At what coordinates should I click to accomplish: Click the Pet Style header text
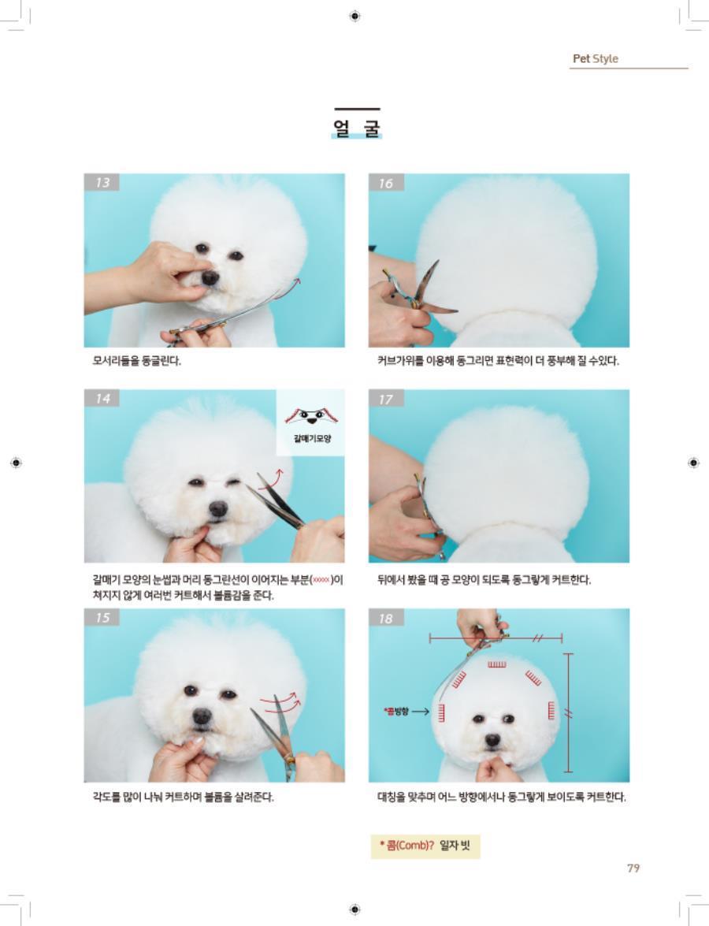tap(595, 58)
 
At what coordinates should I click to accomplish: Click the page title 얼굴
tap(357, 128)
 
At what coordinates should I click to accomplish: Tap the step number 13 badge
tap(102, 182)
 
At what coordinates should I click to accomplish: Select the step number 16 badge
tap(386, 183)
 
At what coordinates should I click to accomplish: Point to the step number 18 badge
tap(386, 619)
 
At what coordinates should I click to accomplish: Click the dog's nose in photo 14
tap(218, 508)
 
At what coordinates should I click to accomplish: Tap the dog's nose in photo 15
tap(202, 716)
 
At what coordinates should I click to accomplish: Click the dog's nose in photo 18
tap(492, 739)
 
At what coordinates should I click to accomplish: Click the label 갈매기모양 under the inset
tap(312, 438)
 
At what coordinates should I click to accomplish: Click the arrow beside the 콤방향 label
tap(421, 711)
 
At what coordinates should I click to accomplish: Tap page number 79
tap(633, 868)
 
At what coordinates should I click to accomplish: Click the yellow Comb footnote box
tap(425, 846)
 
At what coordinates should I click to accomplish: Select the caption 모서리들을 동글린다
tap(137, 360)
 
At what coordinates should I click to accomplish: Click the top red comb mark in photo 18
tap(496, 664)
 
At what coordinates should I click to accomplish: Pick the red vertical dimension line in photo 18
tap(568, 712)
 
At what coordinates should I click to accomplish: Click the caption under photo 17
tap(484, 579)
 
